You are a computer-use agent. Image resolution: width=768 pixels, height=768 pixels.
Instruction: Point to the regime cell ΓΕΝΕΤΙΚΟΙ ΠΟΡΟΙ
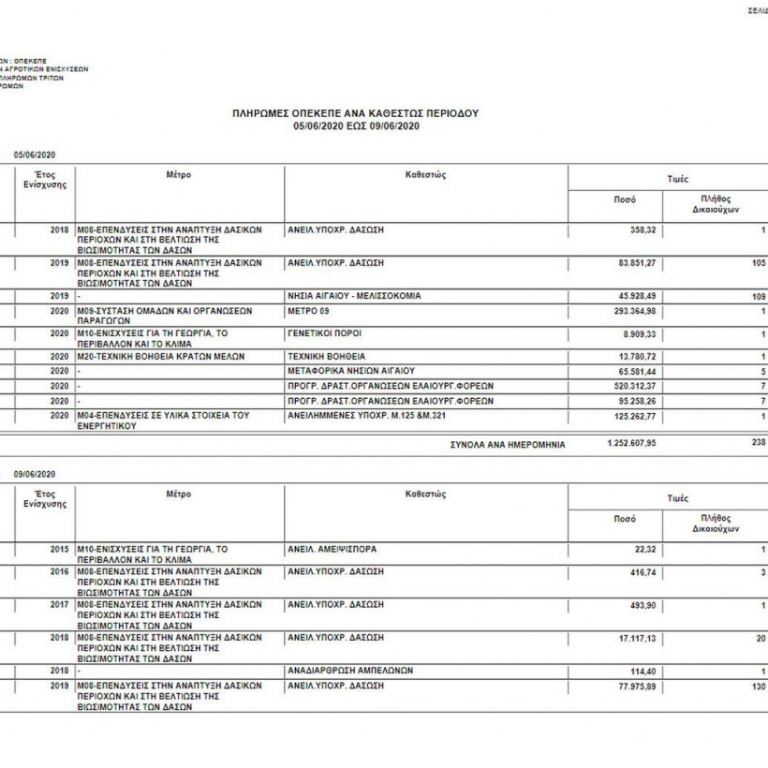(x=325, y=333)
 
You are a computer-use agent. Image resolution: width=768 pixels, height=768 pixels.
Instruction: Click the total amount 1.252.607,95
(x=630, y=444)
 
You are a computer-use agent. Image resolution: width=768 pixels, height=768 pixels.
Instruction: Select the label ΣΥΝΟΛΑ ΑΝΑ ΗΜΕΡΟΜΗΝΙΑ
(x=508, y=445)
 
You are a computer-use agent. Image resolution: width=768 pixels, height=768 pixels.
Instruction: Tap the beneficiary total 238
(x=758, y=442)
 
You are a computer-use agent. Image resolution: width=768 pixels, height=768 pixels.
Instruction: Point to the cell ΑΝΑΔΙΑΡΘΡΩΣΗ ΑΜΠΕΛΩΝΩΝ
(x=351, y=671)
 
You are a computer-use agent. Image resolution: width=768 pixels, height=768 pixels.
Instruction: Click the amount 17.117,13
(x=636, y=638)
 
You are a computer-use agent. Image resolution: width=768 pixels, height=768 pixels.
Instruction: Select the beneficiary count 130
(x=758, y=687)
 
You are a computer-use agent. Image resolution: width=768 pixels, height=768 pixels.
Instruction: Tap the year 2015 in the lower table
(x=59, y=549)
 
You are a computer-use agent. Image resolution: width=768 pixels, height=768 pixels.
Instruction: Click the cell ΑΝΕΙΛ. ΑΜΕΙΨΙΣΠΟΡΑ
(x=332, y=549)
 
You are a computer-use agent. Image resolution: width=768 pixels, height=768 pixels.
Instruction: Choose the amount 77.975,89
(x=636, y=687)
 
